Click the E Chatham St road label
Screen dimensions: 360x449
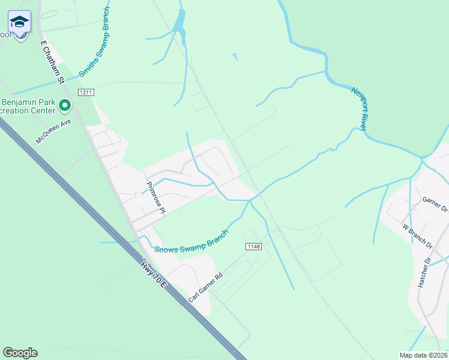(52, 62)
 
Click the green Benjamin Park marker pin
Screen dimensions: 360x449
(65, 107)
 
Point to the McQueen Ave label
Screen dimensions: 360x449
(53, 130)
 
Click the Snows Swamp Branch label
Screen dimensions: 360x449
(192, 241)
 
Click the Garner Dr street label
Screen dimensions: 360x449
(435, 205)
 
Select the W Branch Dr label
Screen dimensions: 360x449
(418, 236)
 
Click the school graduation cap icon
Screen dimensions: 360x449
(20, 22)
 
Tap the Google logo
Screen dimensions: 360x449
(20, 353)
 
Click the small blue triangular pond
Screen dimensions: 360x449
(235, 57)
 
